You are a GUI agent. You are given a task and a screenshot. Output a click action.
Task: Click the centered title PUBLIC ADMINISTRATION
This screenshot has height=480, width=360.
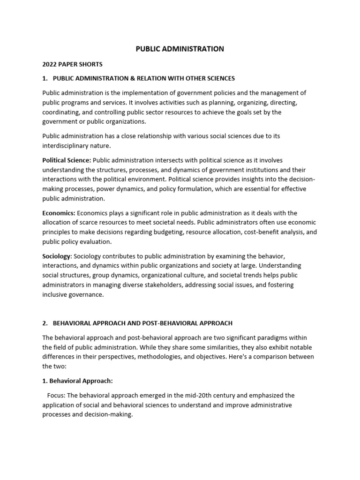[x=180, y=49]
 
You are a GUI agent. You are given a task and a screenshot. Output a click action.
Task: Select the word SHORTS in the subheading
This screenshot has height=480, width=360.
[x=92, y=64]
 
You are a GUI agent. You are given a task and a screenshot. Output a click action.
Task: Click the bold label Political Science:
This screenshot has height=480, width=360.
[x=67, y=160]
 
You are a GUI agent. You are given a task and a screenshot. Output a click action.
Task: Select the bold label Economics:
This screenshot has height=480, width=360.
[x=59, y=213]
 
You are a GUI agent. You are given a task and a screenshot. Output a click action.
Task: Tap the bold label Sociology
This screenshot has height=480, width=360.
[x=57, y=256]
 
